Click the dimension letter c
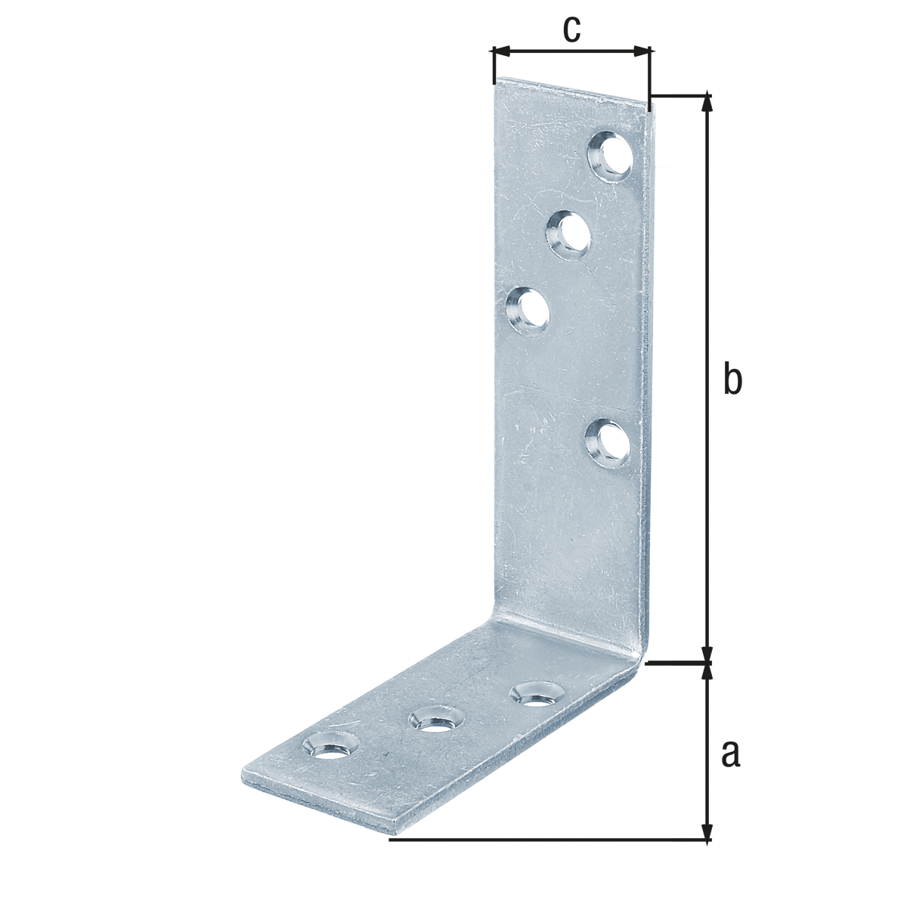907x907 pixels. click(x=571, y=29)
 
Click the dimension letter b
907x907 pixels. click(x=732, y=379)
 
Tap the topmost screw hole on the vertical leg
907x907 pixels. click(x=611, y=156)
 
